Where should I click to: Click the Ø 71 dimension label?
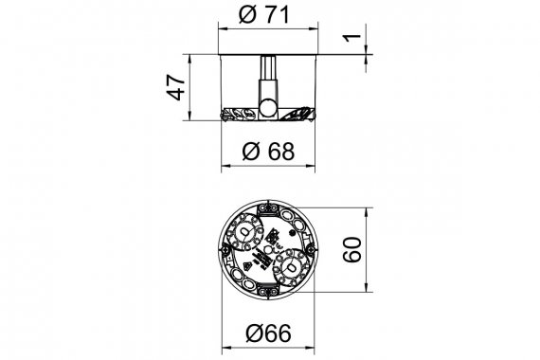point(263,15)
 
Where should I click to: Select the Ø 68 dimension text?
point(269,152)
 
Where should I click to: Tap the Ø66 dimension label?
point(269,333)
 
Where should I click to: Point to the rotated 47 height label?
point(175,87)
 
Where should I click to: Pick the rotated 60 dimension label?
point(352,250)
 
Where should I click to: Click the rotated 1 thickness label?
point(351,38)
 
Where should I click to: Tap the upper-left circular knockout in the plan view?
point(244,232)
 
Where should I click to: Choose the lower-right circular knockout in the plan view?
point(291,268)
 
